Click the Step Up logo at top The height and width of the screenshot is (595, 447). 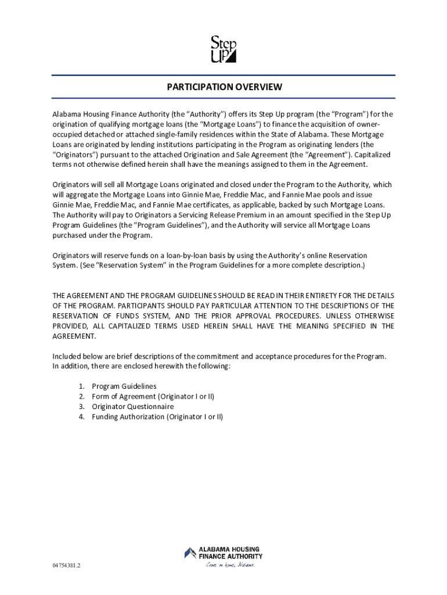(x=223, y=49)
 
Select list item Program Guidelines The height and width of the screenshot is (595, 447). (x=124, y=386)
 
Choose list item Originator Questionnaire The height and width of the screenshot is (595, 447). (x=132, y=407)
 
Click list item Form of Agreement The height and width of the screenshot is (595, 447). (x=153, y=396)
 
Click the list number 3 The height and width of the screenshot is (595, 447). (x=81, y=407)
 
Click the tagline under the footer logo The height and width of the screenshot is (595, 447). (x=230, y=564)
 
